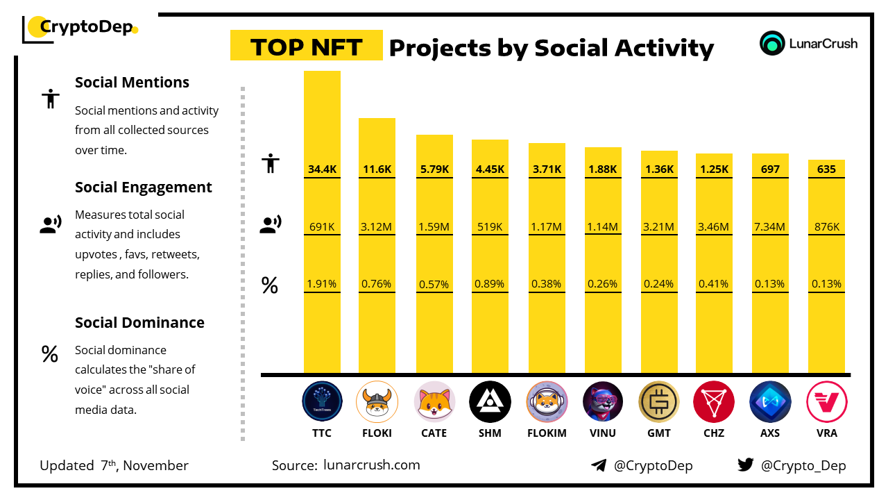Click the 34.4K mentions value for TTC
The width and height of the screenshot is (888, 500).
(322, 169)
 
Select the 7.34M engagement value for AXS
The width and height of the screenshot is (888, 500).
(770, 226)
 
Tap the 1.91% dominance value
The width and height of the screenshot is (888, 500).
(322, 283)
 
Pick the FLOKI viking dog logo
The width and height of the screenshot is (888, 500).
(377, 402)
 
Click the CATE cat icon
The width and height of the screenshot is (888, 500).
(434, 402)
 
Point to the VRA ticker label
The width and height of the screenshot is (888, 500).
(827, 433)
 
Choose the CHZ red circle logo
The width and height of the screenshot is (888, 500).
(714, 402)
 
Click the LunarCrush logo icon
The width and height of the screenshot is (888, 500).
(771, 43)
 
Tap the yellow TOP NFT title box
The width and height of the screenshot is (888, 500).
(306, 47)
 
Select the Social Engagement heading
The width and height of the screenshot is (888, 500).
(144, 187)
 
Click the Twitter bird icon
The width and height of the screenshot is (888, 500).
(745, 465)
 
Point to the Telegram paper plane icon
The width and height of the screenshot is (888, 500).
(599, 465)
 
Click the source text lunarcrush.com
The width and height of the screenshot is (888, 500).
(371, 465)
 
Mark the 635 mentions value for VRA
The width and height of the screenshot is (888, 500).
(826, 169)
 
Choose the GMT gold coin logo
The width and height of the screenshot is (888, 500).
(659, 402)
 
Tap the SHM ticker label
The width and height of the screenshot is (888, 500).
(490, 433)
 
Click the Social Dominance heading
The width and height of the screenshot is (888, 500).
(139, 322)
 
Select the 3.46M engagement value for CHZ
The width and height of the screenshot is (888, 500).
(714, 226)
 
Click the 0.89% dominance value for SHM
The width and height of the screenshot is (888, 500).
(490, 283)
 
